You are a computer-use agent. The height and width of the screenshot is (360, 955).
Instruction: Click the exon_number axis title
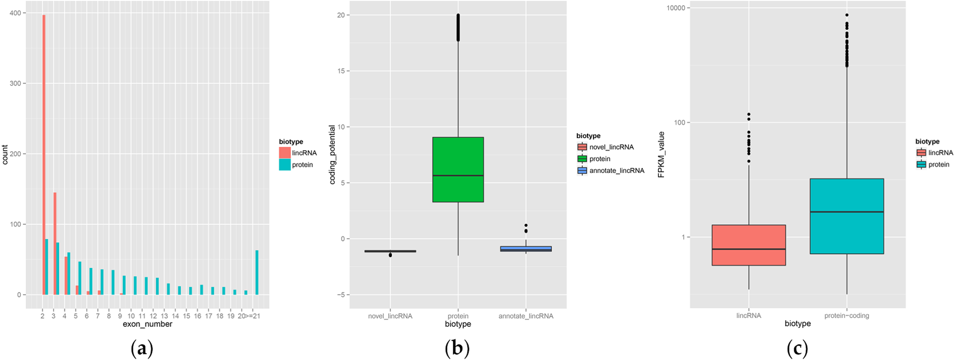[147, 324]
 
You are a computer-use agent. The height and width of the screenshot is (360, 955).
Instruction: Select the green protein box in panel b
[458, 169]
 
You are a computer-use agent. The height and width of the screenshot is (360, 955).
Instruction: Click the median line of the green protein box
[458, 175]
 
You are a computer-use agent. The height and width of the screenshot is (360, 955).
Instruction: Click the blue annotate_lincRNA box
[526, 249]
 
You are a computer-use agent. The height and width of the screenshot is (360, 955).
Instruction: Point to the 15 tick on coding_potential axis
[341, 71]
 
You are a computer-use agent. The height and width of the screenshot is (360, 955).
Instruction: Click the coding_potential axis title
[332, 155]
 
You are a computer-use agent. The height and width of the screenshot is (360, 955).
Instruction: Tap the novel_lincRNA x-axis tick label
[390, 316]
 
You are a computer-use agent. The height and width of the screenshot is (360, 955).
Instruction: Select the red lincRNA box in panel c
[748, 245]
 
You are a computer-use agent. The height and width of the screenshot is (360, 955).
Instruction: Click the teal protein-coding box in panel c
[846, 216]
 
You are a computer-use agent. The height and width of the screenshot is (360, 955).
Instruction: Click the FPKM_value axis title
[661, 154]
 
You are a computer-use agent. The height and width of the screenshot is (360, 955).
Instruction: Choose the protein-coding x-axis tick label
[846, 316]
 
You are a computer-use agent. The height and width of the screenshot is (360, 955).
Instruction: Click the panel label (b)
[457, 348]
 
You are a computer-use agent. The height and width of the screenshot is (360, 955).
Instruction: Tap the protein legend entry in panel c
[938, 164]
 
